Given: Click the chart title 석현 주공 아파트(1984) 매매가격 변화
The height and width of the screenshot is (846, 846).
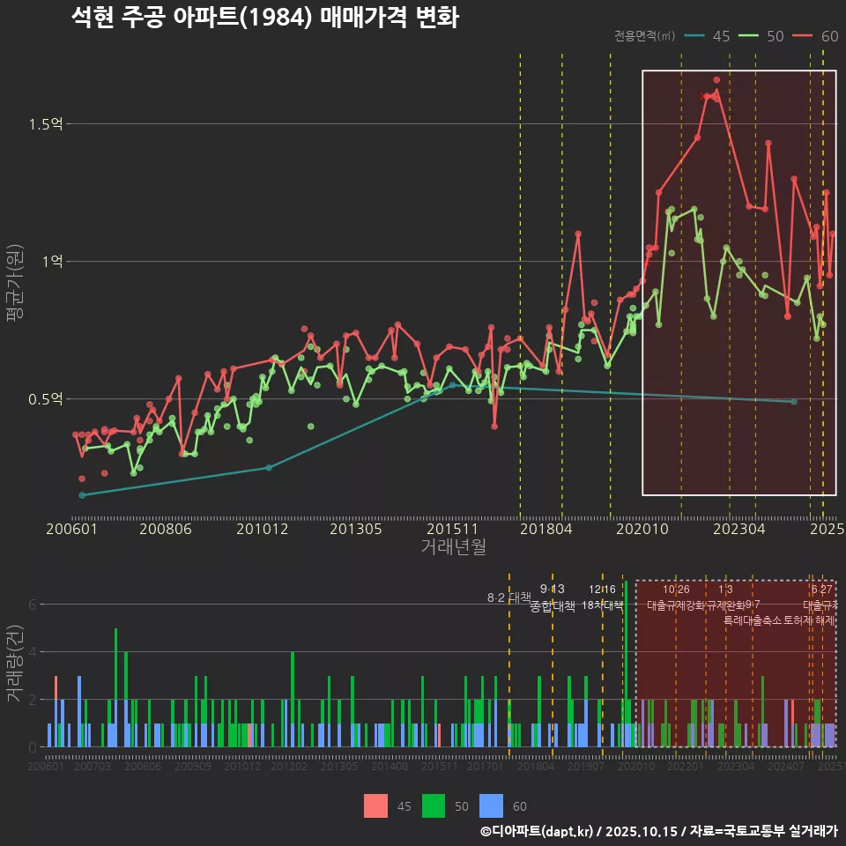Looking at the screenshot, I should point(264,18).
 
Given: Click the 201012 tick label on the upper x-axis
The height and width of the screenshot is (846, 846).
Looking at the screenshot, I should point(262,529).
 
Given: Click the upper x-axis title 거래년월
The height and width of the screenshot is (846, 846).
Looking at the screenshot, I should point(453,547).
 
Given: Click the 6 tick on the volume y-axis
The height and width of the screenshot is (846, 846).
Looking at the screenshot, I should point(32,605).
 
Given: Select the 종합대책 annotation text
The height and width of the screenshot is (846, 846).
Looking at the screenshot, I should point(553,606).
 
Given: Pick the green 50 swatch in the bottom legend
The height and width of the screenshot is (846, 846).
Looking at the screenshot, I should point(434,805).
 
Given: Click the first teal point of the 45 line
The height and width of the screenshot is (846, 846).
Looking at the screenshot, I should point(82,495).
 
